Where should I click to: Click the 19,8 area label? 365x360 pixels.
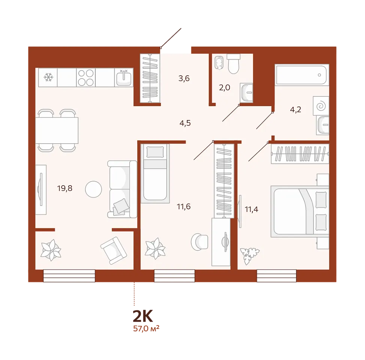(65, 188)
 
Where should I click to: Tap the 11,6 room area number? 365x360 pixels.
(184, 206)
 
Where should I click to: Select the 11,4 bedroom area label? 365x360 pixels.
(251, 209)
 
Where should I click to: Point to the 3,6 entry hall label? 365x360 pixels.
(184, 78)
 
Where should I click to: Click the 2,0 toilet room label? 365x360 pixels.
(224, 87)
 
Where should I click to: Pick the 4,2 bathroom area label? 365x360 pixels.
(296, 109)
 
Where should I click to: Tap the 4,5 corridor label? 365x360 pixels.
(185, 123)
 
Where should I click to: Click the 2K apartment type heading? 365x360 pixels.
(143, 316)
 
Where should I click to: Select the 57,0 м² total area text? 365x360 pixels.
(146, 328)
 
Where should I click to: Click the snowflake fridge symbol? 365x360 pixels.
(48, 77)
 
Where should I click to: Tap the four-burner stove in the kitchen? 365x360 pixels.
(86, 78)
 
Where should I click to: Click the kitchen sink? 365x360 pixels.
(124, 78)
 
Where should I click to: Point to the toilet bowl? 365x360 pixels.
(233, 64)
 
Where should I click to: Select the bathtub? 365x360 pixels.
(302, 75)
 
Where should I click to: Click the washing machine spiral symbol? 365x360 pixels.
(321, 106)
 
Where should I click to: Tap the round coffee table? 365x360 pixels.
(93, 189)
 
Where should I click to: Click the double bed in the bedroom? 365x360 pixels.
(300, 211)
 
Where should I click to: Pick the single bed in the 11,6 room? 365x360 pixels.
(155, 173)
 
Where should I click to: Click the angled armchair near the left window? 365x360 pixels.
(114, 250)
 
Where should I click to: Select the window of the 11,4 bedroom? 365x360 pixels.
(276, 276)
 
